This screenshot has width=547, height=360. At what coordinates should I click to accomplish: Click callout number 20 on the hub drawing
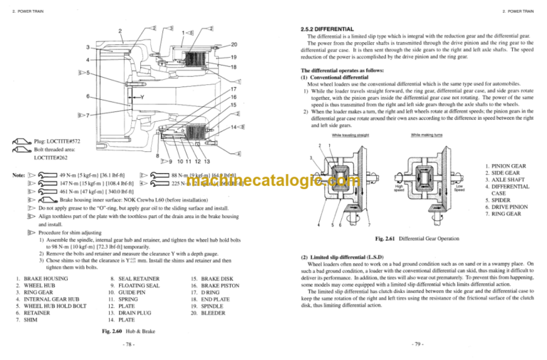(x=234, y=44)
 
